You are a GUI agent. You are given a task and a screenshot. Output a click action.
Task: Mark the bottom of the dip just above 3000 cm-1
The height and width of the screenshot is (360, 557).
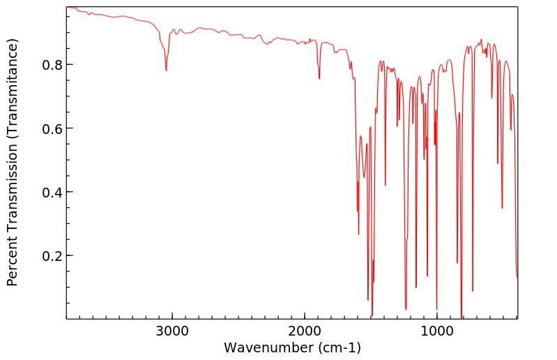(166, 70)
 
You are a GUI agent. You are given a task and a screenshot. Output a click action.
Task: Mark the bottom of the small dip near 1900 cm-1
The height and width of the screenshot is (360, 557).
(319, 79)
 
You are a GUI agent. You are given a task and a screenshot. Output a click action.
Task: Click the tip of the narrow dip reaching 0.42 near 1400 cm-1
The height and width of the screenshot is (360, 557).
(386, 185)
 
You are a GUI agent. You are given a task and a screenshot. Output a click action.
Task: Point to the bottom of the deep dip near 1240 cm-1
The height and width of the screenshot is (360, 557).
(406, 309)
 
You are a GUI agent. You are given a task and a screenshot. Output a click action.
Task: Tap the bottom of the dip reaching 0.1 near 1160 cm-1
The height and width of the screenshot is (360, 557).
(416, 287)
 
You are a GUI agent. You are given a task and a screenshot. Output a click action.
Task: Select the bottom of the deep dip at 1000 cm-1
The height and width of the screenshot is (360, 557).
(436, 309)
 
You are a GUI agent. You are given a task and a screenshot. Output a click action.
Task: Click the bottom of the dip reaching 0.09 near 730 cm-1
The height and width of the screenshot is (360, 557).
(473, 291)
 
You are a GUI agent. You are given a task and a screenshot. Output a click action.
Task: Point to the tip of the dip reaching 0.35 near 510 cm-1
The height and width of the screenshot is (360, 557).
(502, 208)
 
